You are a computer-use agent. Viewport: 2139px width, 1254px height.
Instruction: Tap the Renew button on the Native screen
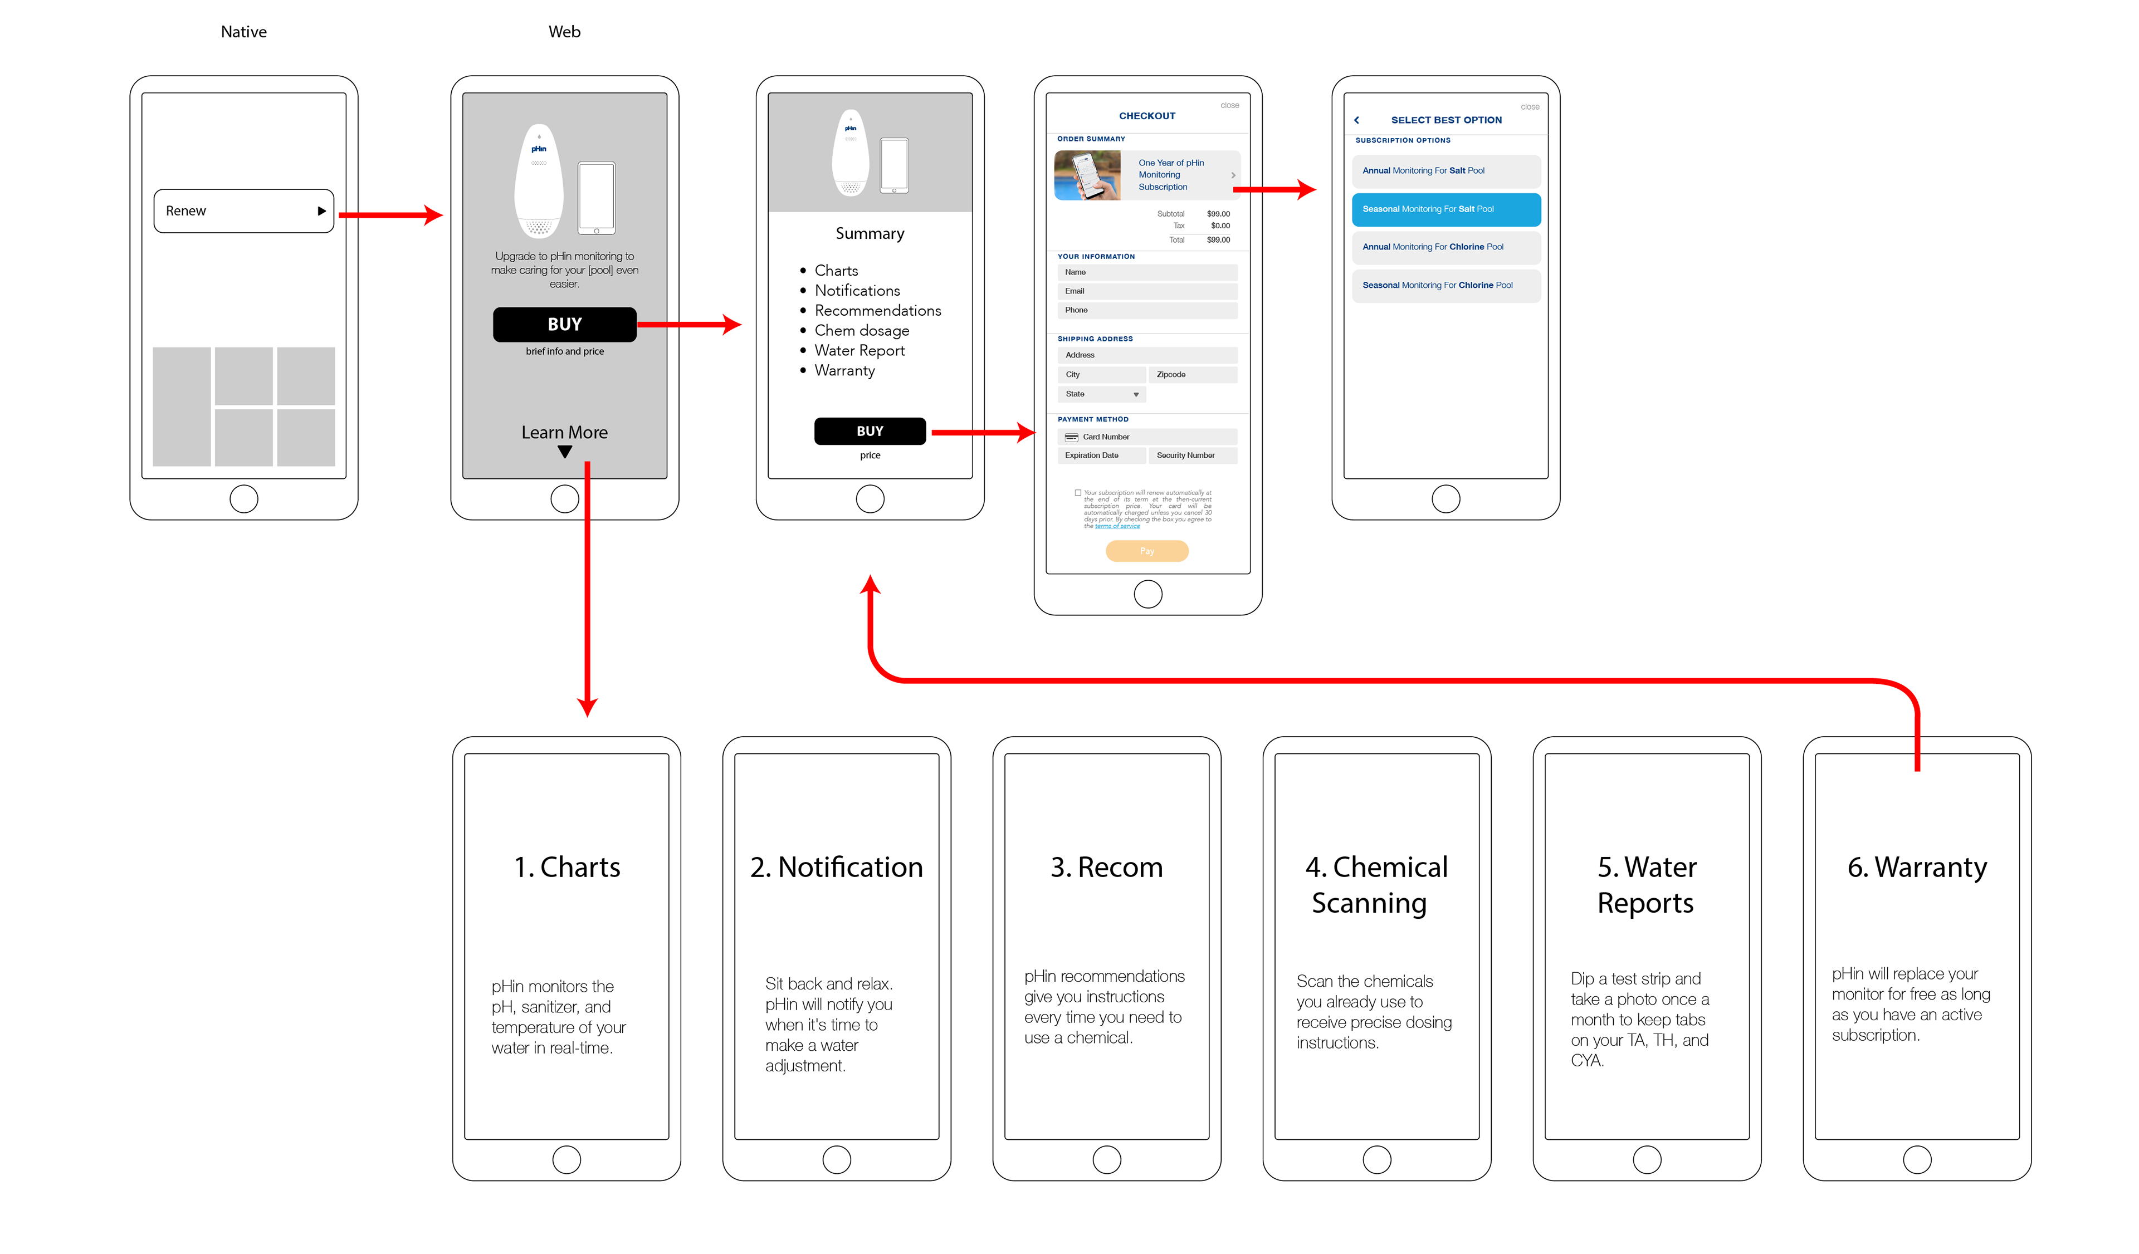(243, 210)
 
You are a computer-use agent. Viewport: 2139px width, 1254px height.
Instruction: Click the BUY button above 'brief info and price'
(564, 324)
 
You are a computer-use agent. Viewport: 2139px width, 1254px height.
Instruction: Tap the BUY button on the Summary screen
(869, 431)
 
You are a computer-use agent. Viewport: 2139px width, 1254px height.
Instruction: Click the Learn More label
(564, 433)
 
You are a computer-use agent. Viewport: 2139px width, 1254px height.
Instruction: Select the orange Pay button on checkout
(1147, 551)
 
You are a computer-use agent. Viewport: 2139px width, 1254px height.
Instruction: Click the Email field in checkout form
(1147, 291)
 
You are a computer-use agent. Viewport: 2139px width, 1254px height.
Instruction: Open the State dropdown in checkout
(1101, 395)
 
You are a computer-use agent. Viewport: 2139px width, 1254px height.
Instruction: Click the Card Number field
(1147, 437)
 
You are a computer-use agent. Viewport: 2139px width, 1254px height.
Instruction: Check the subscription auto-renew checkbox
(1078, 493)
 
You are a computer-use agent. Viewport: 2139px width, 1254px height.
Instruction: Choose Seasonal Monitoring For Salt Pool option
(1445, 209)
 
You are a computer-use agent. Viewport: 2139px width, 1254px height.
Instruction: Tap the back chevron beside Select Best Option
(1356, 120)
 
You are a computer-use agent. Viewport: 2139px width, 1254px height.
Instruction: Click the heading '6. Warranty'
(1917, 867)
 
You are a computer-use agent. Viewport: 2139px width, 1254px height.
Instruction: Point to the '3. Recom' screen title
(1106, 867)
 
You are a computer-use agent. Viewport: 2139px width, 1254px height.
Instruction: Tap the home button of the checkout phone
(1147, 594)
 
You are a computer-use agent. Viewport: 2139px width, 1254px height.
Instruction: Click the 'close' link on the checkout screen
(1229, 106)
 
